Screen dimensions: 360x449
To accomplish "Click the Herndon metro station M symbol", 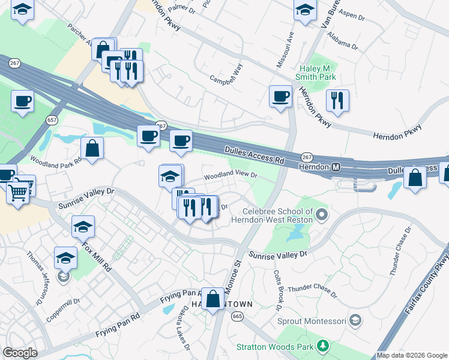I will coord(336,166).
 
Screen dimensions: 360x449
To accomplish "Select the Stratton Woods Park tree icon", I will coord(323,346).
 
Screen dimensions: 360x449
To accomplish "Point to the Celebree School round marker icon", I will coord(322,214).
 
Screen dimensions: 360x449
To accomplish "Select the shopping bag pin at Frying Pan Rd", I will coord(212,298).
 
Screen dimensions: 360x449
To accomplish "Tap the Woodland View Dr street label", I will coord(231,176).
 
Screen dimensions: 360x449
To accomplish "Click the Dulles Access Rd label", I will coord(255,155).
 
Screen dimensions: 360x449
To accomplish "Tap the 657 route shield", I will coord(52,119).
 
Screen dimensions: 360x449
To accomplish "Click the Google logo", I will coord(20,352).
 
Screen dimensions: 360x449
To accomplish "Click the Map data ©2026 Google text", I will coord(412,355).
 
